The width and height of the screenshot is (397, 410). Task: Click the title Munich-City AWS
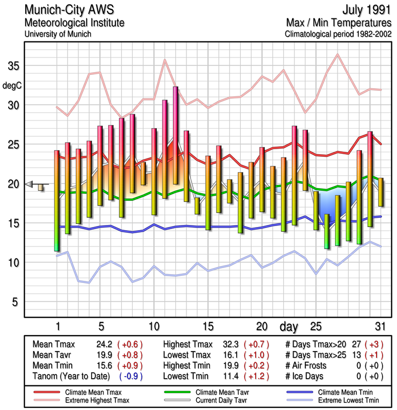pos(72,10)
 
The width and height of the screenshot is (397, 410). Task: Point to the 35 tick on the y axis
pos(13,66)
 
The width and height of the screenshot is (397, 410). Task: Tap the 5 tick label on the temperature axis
pos(16,302)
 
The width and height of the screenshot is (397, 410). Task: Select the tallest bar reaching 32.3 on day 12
pos(176,135)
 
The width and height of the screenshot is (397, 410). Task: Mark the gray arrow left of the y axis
pos(29,184)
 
